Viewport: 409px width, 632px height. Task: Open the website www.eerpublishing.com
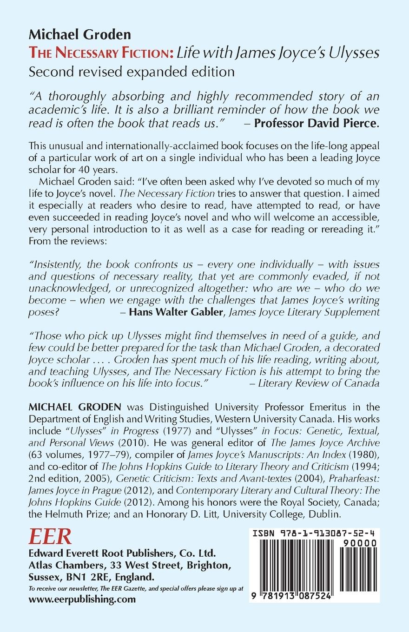[x=82, y=599]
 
